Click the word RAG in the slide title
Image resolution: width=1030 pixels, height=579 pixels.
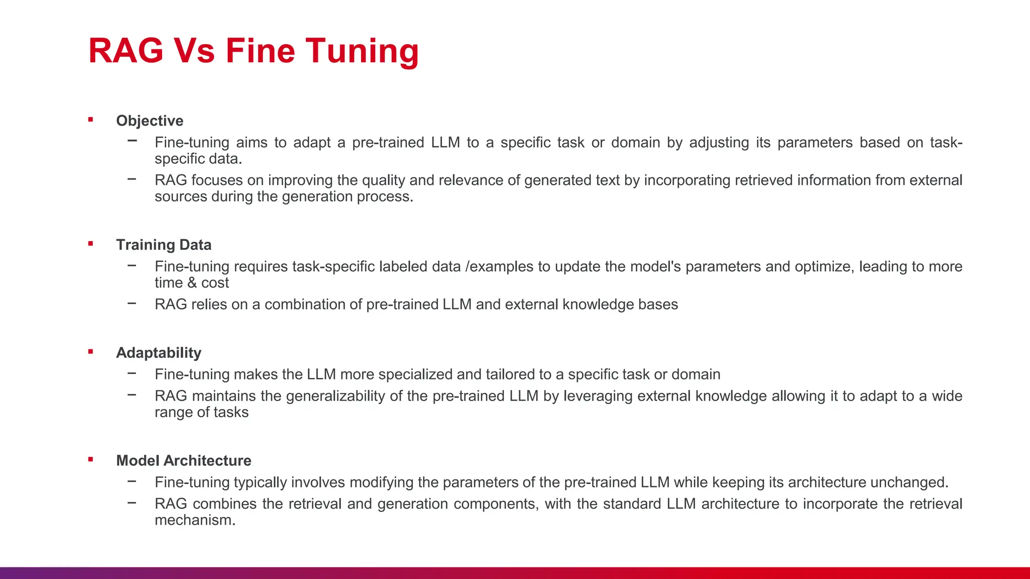click(x=126, y=51)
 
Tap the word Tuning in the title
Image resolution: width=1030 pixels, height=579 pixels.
click(x=362, y=52)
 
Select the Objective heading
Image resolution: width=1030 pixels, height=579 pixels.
click(x=149, y=121)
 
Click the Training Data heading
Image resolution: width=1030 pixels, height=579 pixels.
click(x=163, y=245)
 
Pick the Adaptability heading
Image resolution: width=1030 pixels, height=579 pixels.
click(x=158, y=353)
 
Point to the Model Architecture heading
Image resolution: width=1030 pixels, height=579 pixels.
click(x=184, y=460)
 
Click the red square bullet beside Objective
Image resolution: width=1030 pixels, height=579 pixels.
click(x=91, y=120)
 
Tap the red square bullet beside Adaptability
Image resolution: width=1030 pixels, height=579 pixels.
click(x=91, y=352)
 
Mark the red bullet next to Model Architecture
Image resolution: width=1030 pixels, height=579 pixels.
click(x=91, y=459)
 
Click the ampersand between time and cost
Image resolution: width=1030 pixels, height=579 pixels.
click(x=191, y=283)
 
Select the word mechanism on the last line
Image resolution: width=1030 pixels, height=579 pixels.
click(x=195, y=520)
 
